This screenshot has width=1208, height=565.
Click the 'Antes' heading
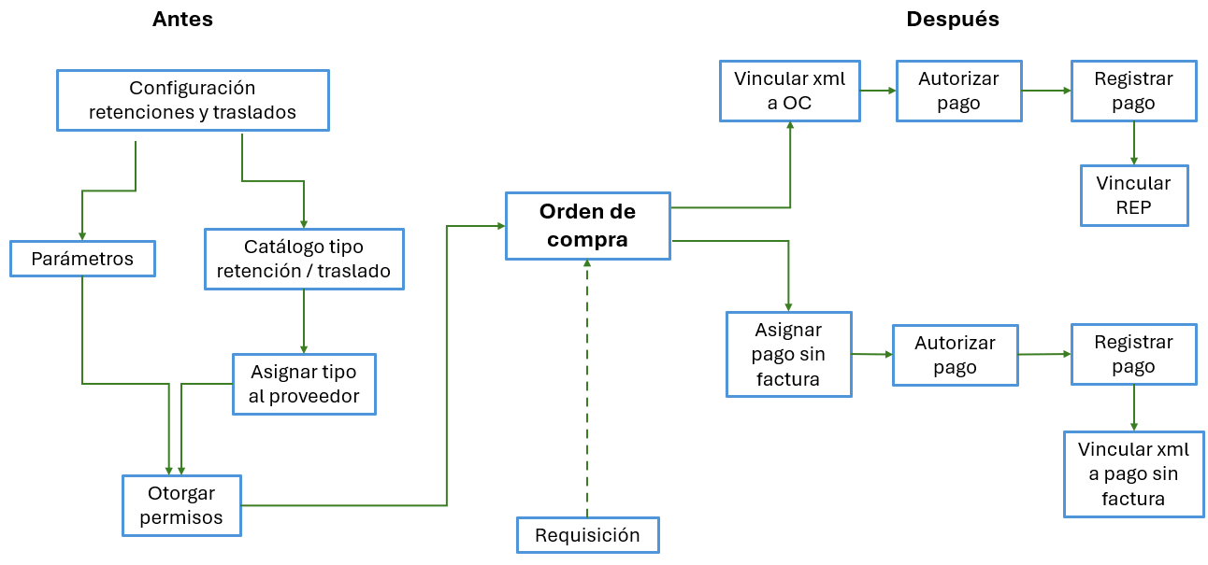182,20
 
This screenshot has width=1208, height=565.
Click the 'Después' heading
952,20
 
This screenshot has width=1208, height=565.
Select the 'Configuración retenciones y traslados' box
193,100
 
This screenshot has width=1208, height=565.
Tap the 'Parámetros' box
82,259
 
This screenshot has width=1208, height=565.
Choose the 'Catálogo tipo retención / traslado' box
304,260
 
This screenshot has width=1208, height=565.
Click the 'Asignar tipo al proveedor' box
304,384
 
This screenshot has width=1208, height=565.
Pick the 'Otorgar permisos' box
181,505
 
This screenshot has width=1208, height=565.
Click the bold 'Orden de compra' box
587,225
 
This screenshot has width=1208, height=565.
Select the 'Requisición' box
587,535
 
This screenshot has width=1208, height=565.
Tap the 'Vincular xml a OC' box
789,91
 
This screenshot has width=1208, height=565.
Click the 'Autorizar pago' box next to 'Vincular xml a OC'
958,91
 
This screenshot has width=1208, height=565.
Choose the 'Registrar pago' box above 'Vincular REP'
1133,91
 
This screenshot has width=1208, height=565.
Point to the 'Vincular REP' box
1133,195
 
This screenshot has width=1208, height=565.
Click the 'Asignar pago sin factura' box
789,354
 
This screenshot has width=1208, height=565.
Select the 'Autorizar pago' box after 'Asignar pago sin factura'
955,355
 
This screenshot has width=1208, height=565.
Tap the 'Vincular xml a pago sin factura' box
1133,473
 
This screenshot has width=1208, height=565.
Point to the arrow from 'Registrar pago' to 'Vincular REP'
1133,143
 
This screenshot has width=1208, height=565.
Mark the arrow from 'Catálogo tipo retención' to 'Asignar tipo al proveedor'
304,322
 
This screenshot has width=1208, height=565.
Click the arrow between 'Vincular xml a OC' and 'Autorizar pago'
877,91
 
